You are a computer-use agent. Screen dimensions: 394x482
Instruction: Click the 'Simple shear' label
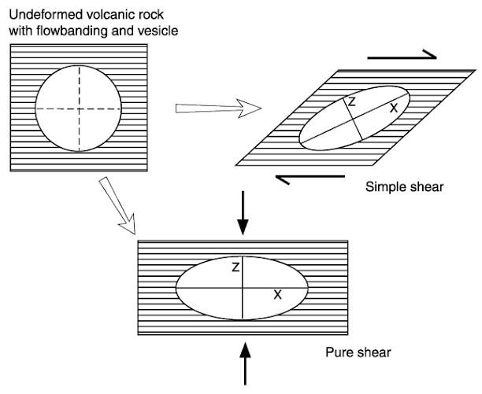[x=405, y=188]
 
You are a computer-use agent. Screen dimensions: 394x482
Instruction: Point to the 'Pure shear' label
[x=358, y=352]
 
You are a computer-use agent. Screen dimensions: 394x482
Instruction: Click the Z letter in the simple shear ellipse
[x=351, y=102]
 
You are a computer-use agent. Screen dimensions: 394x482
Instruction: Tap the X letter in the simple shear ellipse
[x=393, y=108]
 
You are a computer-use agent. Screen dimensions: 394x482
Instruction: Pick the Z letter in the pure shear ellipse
[x=235, y=268]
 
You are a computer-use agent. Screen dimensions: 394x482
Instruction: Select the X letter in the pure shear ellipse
[x=277, y=295]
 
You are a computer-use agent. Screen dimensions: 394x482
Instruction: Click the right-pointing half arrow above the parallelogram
[x=401, y=55]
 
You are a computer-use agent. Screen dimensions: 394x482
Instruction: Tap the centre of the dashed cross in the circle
[x=79, y=109]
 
